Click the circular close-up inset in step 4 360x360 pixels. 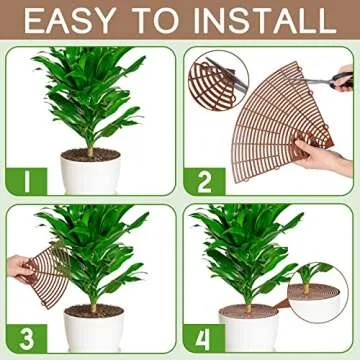point(318,279)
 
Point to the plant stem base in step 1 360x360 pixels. point(90,151)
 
